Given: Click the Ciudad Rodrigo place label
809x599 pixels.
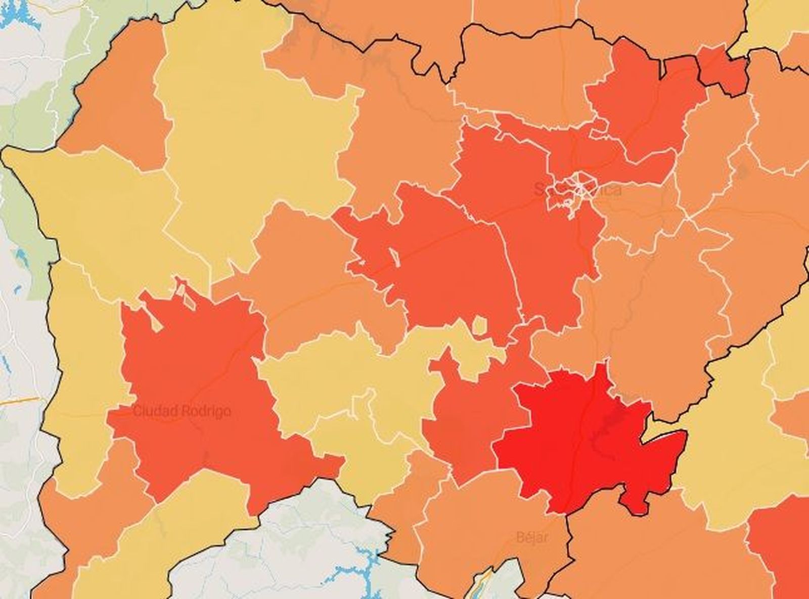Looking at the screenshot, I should pos(182,411).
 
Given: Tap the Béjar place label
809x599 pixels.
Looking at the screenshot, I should pos(532,536).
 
